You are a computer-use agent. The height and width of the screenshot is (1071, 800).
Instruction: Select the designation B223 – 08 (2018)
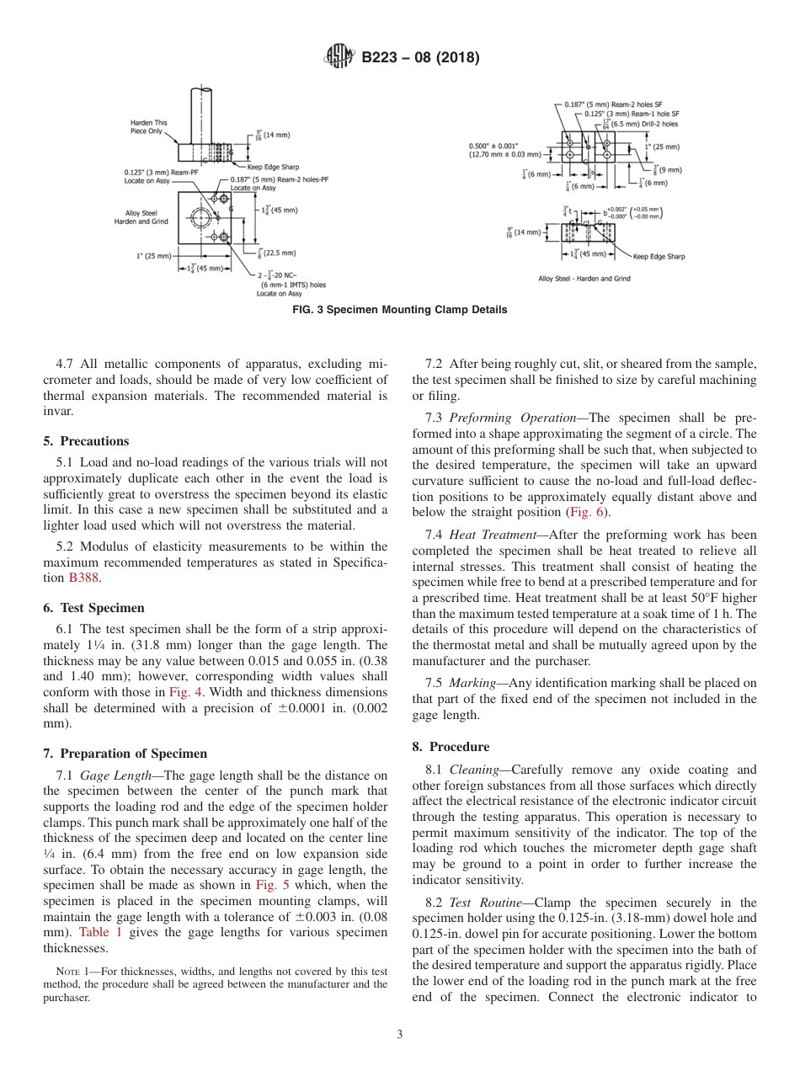[x=420, y=58]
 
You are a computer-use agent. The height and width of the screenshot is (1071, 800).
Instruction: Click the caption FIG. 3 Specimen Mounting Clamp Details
[x=399, y=310]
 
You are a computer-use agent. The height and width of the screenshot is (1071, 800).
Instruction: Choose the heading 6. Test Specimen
[x=93, y=608]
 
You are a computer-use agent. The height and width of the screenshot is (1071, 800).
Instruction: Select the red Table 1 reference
[x=100, y=932]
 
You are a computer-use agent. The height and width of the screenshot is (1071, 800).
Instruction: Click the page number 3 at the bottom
[x=399, y=1035]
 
